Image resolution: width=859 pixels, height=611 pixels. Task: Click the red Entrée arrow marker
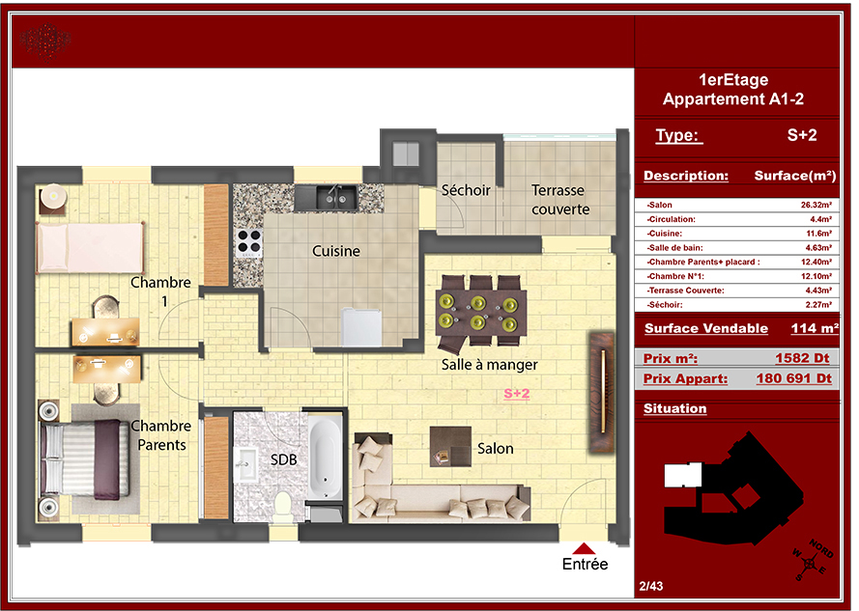click(584, 548)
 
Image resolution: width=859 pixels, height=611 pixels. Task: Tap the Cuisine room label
click(336, 251)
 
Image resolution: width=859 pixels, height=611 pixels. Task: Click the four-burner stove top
click(248, 243)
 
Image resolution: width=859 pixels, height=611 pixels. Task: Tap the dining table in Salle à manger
click(480, 312)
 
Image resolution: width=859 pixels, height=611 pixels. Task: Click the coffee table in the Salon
click(450, 446)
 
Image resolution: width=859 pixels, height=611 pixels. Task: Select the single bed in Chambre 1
click(91, 247)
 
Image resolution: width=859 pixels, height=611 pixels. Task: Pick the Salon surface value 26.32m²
click(816, 205)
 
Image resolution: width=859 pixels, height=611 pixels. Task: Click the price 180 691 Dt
click(794, 378)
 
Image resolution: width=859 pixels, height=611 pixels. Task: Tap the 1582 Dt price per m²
click(802, 358)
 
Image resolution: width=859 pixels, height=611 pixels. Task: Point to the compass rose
click(813, 561)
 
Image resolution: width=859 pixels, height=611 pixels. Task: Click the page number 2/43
click(651, 586)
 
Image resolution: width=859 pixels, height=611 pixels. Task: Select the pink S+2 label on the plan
click(517, 394)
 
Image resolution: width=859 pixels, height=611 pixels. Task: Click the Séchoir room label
click(466, 190)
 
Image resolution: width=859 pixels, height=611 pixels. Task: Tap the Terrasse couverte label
click(560, 200)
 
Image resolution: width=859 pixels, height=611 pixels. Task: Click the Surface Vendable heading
click(706, 328)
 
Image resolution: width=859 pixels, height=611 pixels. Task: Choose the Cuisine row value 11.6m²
click(818, 234)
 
